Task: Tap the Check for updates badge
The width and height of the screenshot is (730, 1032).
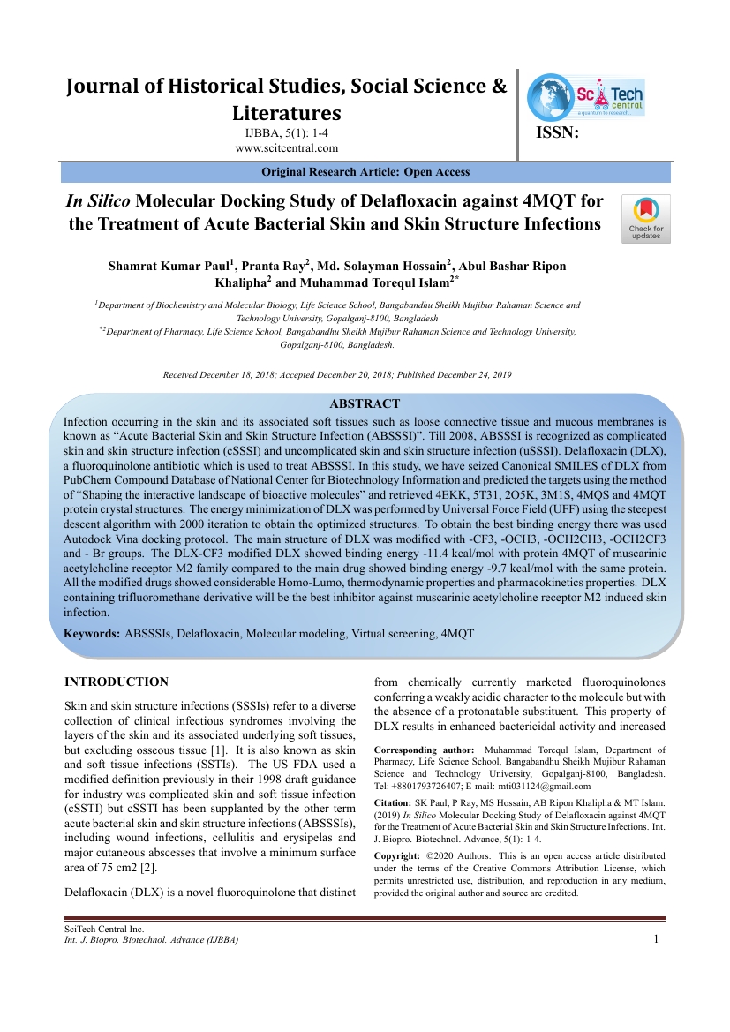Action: [x=646, y=218]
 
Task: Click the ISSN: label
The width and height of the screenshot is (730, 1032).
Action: [x=558, y=133]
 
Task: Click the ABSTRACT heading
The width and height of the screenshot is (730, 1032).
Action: [x=365, y=403]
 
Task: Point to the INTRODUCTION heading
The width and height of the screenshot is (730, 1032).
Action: [x=117, y=682]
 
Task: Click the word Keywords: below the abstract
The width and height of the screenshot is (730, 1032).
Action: [x=93, y=634]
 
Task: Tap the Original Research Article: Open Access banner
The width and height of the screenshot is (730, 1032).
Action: [x=365, y=172]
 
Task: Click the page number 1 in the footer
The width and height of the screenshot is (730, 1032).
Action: [x=656, y=938]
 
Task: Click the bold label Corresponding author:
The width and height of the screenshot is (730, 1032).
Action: [x=425, y=750]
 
